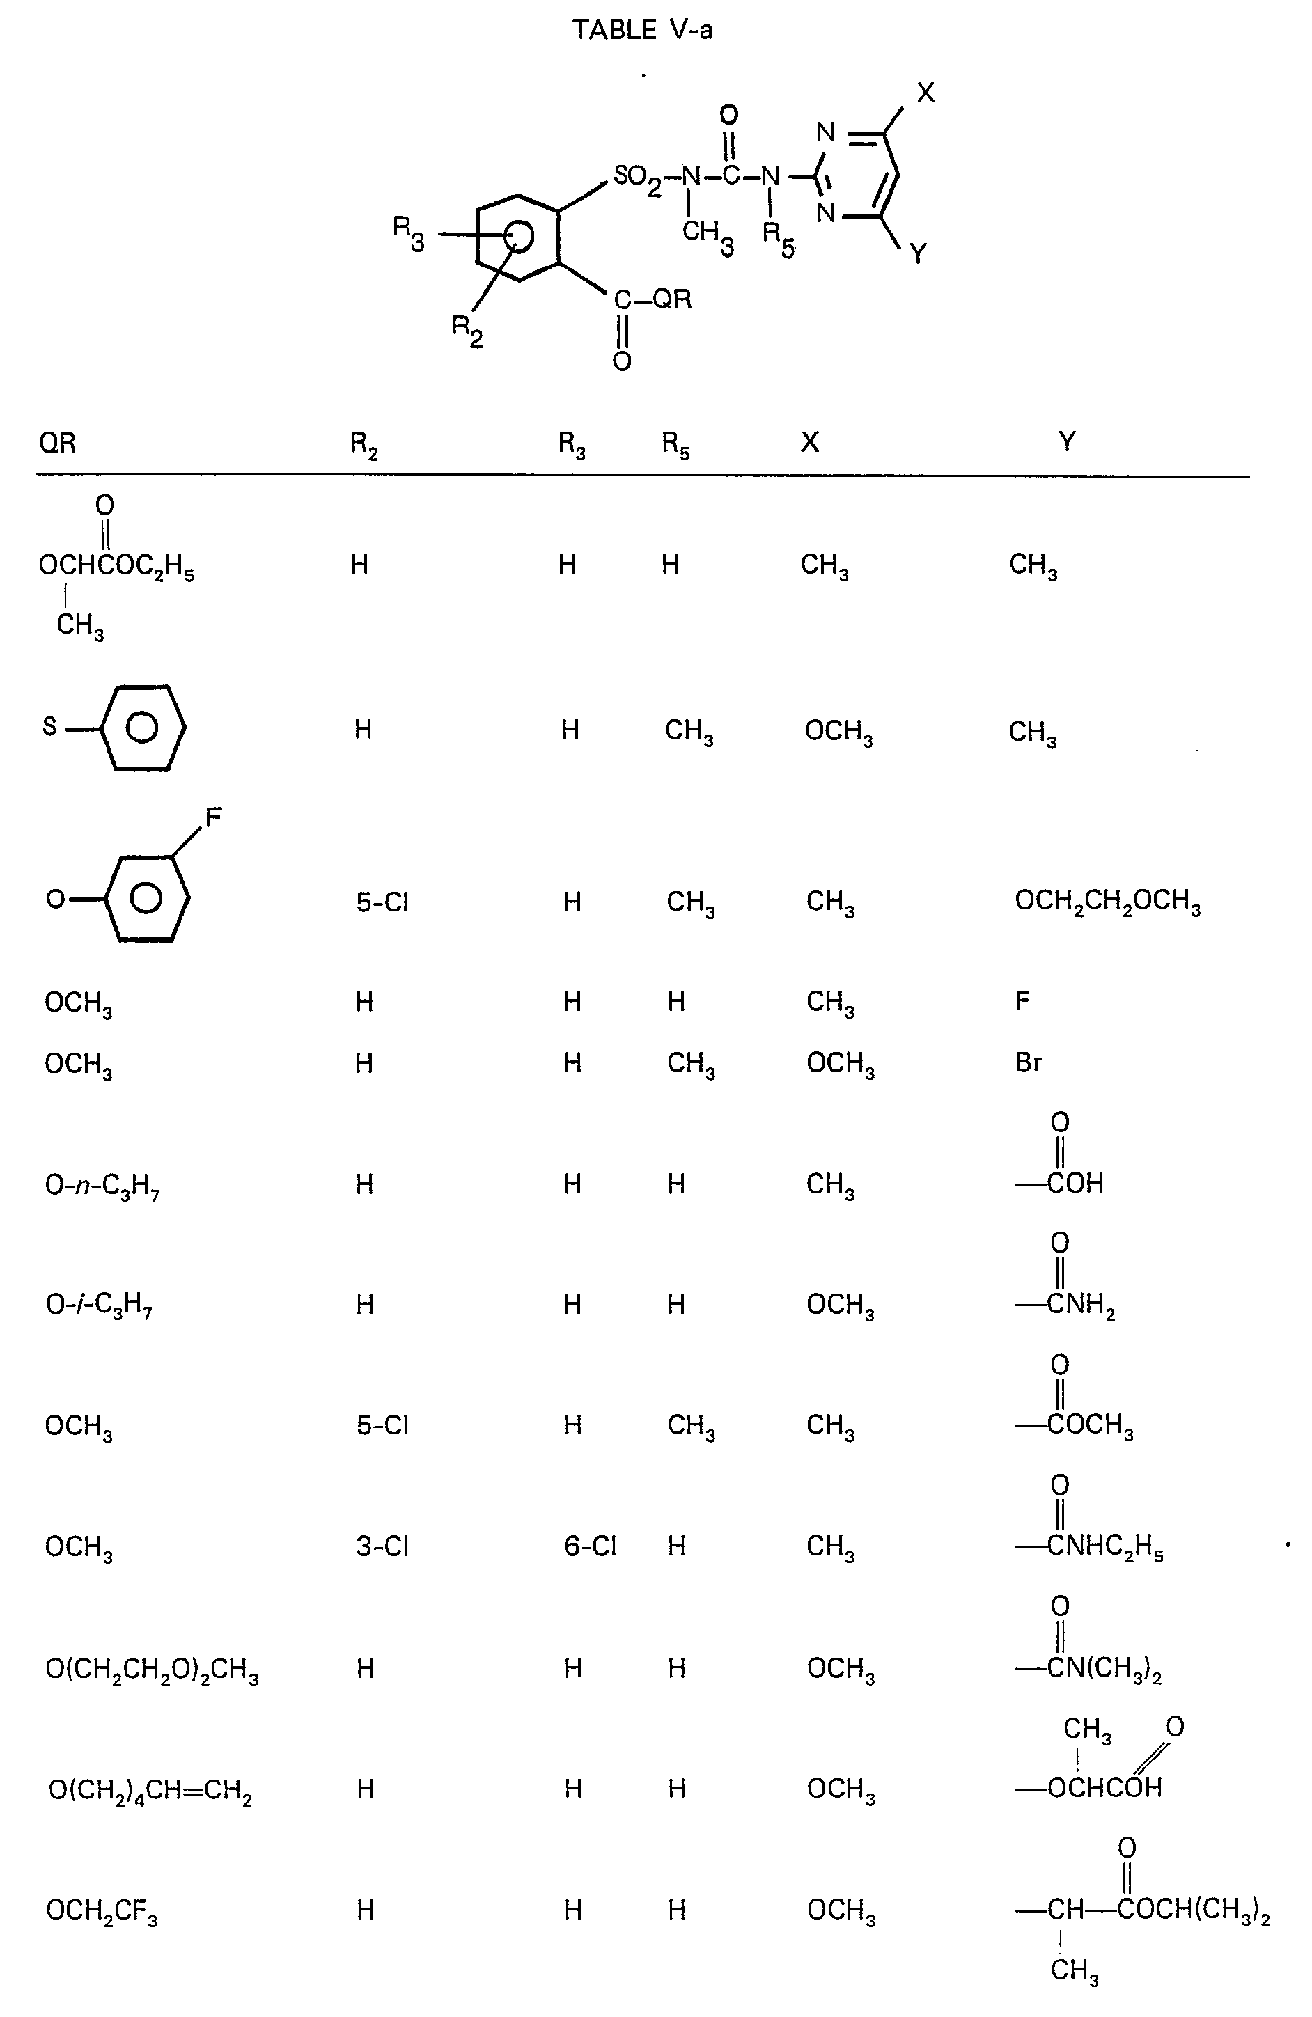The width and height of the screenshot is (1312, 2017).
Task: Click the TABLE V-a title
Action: pyautogui.click(x=641, y=31)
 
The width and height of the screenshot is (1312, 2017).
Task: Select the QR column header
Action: pyautogui.click(x=58, y=442)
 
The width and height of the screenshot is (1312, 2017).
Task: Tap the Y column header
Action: pyautogui.click(x=1067, y=441)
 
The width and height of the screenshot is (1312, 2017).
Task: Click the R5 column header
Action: pyautogui.click(x=675, y=444)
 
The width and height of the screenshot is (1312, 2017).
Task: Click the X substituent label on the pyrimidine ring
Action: pyautogui.click(x=926, y=93)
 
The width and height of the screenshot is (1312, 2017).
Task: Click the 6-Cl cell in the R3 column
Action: pyautogui.click(x=590, y=1546)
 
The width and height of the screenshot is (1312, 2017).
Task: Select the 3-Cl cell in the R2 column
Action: pyautogui.click(x=382, y=1546)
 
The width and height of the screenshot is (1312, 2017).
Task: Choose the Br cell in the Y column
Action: pyautogui.click(x=1028, y=1062)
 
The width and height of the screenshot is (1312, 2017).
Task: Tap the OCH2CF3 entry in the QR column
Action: pyautogui.click(x=102, y=1912)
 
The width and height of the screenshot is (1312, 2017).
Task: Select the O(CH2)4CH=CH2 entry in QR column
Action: pyautogui.click(x=150, y=1791)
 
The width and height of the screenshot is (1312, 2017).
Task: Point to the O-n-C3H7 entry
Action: pyautogui.click(x=102, y=1185)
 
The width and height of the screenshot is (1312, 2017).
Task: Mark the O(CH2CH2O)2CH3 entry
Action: pyautogui.click(x=152, y=1670)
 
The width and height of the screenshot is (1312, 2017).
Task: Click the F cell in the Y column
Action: pyautogui.click(x=1022, y=1001)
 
